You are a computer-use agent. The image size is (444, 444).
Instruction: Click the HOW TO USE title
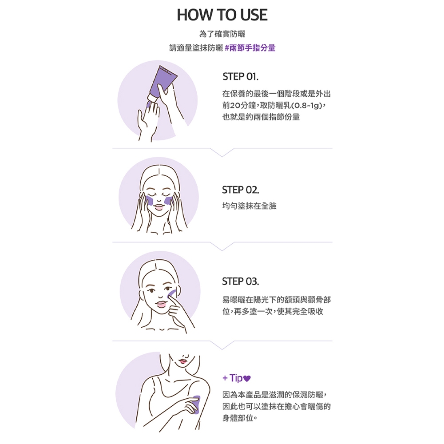pyautogui.click(x=222, y=15)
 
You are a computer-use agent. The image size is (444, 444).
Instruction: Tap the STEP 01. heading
pyautogui.click(x=240, y=76)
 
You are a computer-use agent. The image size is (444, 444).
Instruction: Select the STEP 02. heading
pyautogui.click(x=240, y=190)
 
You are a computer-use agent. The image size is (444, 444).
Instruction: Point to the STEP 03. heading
pyautogui.click(x=240, y=281)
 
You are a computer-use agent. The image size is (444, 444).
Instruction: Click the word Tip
pyautogui.click(x=236, y=378)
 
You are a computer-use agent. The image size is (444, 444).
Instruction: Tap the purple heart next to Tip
pyautogui.click(x=247, y=378)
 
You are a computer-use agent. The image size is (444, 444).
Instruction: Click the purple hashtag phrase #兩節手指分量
pyautogui.click(x=250, y=48)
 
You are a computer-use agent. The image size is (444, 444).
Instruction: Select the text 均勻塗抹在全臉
pyautogui.click(x=249, y=206)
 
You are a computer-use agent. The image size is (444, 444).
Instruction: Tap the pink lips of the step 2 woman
pyautogui.click(x=159, y=207)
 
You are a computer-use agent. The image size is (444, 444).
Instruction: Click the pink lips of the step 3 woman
pyautogui.click(x=161, y=305)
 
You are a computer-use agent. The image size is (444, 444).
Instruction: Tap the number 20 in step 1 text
pyautogui.click(x=234, y=106)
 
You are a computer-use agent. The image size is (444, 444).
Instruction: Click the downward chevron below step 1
pyautogui.click(x=222, y=152)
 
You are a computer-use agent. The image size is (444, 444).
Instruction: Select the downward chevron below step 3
pyautogui.click(x=222, y=345)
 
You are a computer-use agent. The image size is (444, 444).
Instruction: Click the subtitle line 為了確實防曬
pyautogui.click(x=222, y=34)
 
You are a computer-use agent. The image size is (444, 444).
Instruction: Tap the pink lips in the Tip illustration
pyautogui.click(x=182, y=361)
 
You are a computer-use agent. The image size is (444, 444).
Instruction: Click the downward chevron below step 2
pyautogui.click(x=222, y=246)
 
